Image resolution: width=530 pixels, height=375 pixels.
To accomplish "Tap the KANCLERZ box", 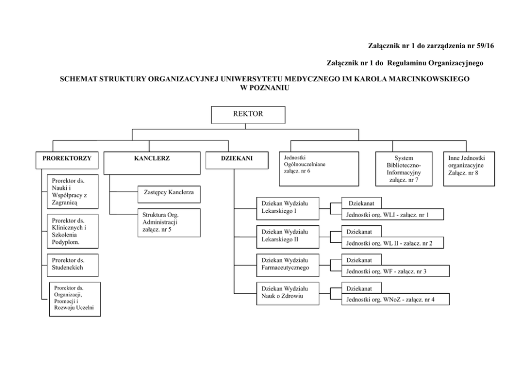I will click(x=152, y=163).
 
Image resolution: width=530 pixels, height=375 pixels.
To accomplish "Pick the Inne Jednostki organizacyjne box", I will click(x=463, y=166).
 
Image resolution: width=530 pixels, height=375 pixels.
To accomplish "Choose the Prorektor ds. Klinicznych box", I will click(x=71, y=231).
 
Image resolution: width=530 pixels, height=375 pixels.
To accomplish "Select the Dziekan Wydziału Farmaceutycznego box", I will click(x=288, y=264).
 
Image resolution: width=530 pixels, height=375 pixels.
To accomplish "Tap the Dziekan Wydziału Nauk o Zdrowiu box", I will click(x=288, y=293).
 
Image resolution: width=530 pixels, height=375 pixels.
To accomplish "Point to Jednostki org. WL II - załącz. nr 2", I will click(x=389, y=243).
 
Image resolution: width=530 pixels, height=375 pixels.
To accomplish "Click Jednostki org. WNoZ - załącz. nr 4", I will click(x=390, y=300).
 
